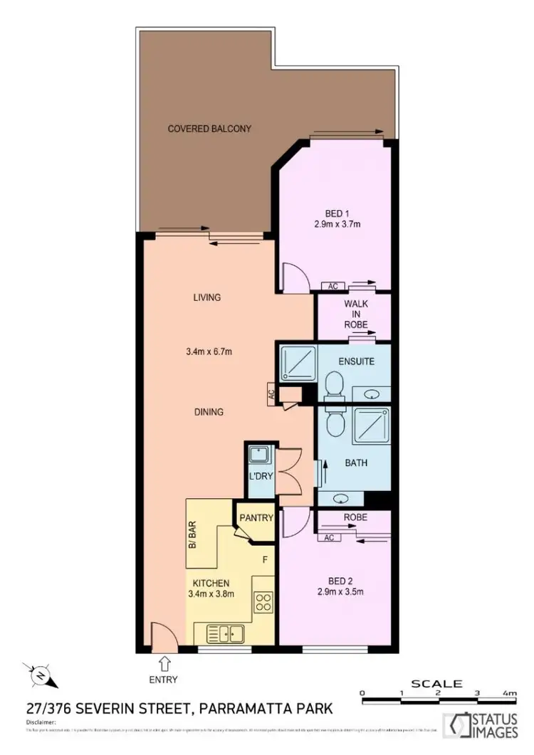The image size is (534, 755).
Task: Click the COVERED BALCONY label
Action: click(x=209, y=129)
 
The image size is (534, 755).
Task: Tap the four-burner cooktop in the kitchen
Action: click(x=263, y=602)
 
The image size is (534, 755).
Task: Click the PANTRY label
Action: click(x=255, y=517)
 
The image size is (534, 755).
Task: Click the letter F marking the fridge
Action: click(x=265, y=560)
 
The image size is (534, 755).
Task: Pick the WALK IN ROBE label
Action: click(x=356, y=314)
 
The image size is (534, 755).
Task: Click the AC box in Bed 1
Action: click(x=333, y=286)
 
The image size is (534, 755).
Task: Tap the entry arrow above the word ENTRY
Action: click(x=163, y=664)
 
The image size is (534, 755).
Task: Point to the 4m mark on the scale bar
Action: click(x=509, y=692)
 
